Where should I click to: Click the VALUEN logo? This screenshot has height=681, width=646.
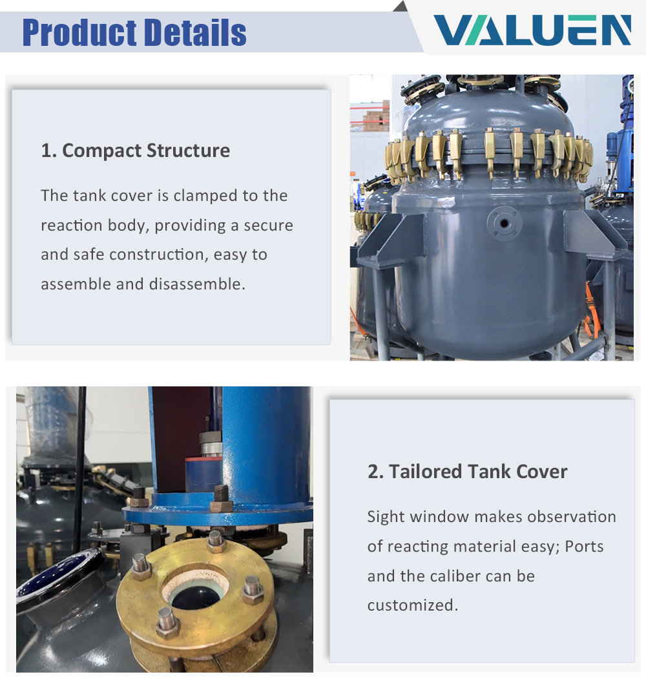click(x=532, y=30)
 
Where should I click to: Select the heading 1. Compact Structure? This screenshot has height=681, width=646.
click(x=136, y=151)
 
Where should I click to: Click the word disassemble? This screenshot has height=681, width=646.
click(x=197, y=284)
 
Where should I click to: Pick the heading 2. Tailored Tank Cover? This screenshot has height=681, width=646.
click(x=467, y=472)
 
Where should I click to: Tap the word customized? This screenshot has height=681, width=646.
click(x=412, y=605)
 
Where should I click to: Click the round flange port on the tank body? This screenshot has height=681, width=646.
click(x=504, y=224)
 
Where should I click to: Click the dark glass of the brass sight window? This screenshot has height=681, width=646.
click(x=196, y=598)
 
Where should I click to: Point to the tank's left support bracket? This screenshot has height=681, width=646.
click(x=391, y=239)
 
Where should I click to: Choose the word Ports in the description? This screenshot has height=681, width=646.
click(x=584, y=547)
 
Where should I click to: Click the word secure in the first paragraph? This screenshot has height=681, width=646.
click(x=268, y=225)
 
